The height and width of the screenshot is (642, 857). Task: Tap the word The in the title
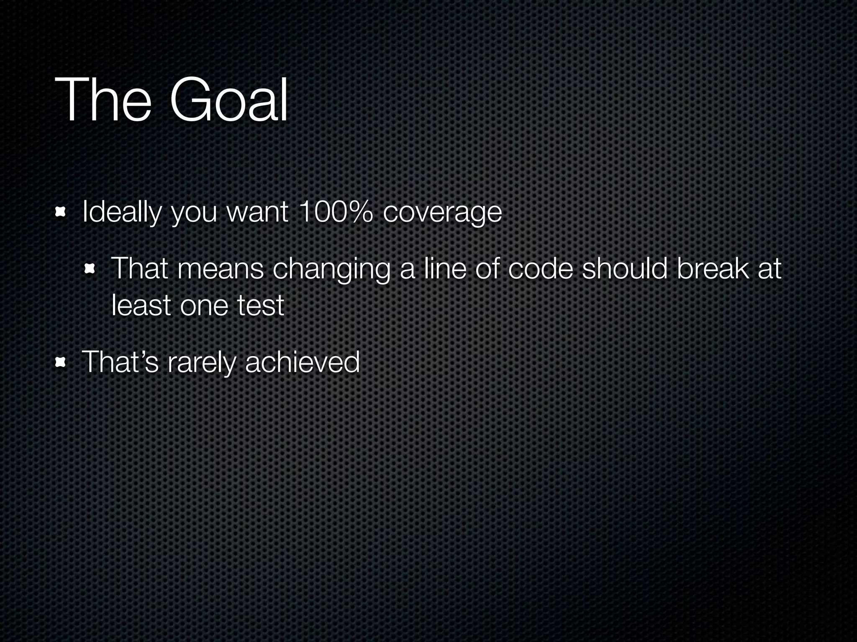[103, 100]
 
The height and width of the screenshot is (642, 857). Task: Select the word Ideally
[121, 212]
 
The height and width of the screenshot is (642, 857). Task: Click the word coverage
[442, 213]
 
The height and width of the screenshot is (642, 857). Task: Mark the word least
[141, 305]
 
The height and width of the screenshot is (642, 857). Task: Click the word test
[261, 305]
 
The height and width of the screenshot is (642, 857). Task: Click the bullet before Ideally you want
[61, 212]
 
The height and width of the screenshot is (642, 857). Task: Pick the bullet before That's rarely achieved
[61, 362]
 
